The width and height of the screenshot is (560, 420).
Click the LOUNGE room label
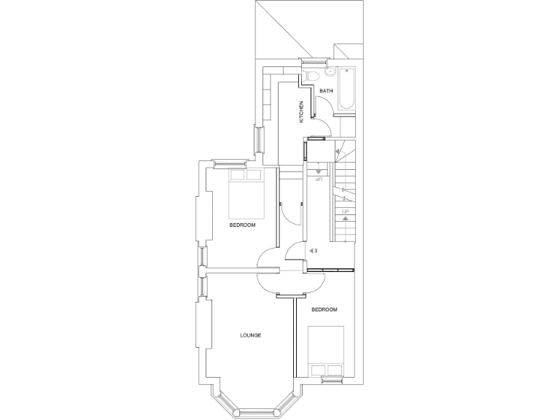250,335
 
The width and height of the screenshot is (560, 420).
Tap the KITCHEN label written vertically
300,112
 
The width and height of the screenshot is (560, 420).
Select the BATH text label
326,90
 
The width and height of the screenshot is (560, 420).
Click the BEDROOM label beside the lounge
324,310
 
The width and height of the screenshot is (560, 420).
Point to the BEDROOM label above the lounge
242,225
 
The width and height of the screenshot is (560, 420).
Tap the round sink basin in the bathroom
330,72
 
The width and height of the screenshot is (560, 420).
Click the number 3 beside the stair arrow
315,251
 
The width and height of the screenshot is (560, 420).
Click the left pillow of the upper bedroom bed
237,174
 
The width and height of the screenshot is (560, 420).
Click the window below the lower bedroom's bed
332,380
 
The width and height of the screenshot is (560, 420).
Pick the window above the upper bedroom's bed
231,161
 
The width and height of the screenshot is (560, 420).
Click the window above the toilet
315,60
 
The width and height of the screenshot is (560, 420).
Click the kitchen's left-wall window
257,139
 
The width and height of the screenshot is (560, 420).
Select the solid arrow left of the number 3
310,251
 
